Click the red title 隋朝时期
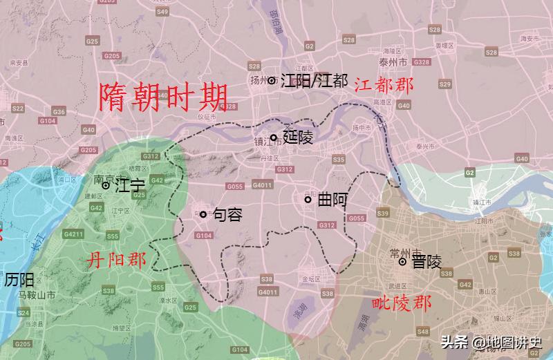[164, 99]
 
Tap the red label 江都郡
[384, 85]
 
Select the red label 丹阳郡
[117, 260]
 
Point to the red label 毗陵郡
[402, 303]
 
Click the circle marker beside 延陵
[274, 138]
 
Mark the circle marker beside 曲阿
[308, 200]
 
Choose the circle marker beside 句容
[203, 214]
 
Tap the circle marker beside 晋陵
[402, 261]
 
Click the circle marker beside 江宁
[106, 185]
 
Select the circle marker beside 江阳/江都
[272, 80]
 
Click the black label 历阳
[19, 281]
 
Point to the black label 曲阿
[332, 200]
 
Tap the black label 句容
[227, 215]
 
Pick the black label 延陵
[298, 138]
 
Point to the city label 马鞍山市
[36, 295]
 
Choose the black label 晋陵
[427, 262]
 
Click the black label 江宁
[130, 186]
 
